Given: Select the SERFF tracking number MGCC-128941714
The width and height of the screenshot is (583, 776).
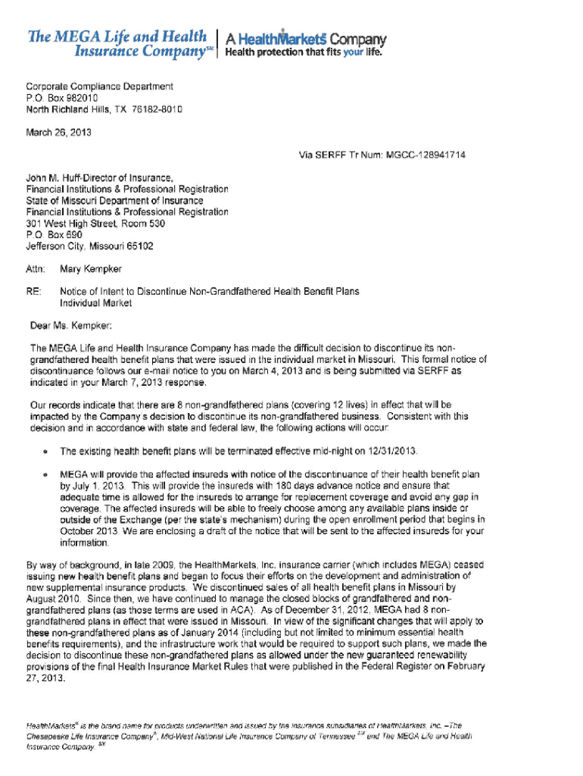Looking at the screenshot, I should tap(422, 155).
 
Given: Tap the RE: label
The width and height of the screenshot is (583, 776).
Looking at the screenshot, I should tap(34, 291).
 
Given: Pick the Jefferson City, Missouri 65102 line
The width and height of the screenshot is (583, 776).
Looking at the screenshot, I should tap(90, 246).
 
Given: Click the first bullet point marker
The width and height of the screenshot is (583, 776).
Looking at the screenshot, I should tap(47, 452).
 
